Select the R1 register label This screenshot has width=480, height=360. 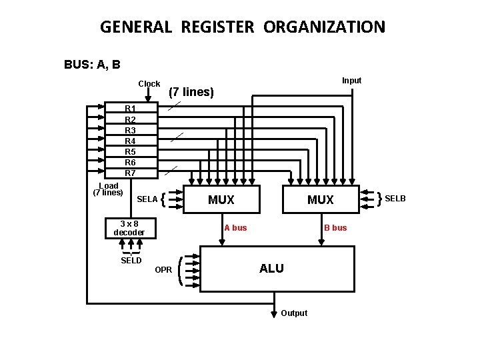130,109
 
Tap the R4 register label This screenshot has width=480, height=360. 130,141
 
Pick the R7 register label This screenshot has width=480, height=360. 130,173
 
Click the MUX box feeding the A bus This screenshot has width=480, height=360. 221,199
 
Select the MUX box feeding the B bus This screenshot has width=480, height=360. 321,199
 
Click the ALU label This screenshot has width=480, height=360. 271,268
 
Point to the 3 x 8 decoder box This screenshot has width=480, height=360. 129,228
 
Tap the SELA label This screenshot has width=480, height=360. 147,199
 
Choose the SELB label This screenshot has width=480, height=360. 395,199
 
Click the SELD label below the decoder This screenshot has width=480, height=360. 131,261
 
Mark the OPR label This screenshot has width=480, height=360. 163,270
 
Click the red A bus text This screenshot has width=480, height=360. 235,228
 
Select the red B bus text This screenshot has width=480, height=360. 335,228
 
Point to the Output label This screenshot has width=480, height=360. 294,313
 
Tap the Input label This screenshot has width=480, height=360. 351,81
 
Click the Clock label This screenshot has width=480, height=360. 149,84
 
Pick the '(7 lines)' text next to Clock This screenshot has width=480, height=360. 191,92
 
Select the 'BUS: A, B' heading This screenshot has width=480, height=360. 92,65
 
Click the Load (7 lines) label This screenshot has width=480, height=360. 108,189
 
